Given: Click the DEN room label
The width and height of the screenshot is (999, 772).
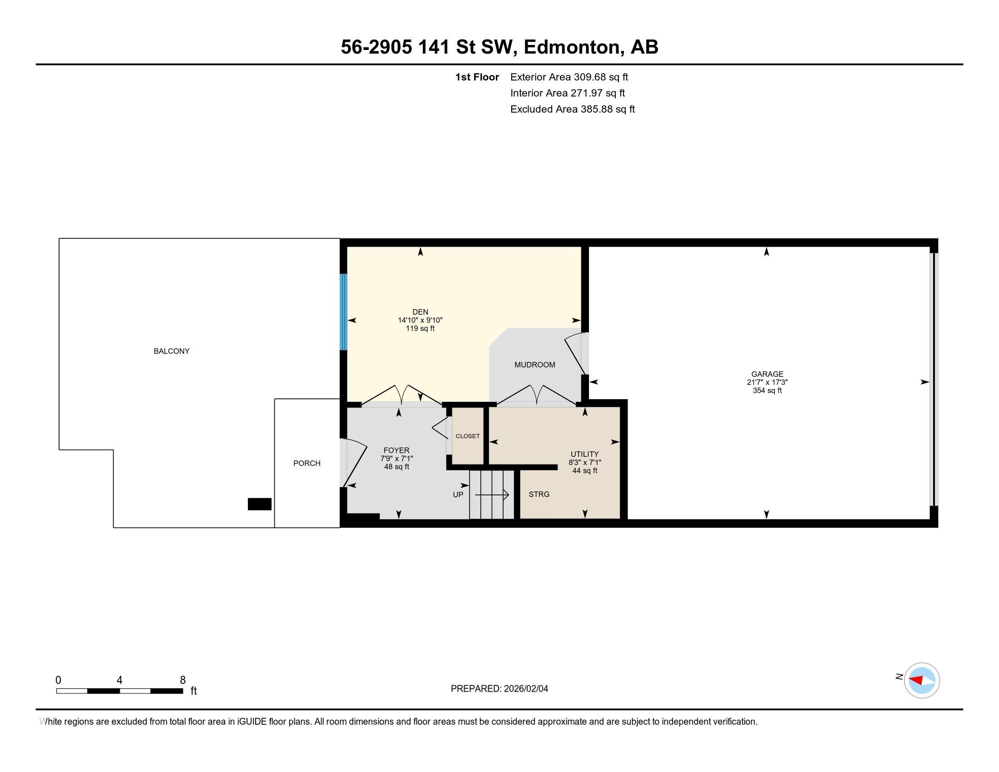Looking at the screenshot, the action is (420, 312).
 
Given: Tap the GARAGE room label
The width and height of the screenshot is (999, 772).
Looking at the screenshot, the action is (767, 374).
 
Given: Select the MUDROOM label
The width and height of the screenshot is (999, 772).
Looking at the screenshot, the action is (535, 365).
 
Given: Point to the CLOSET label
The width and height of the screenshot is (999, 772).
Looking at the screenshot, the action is (467, 436).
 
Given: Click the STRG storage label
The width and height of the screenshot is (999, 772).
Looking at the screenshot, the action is (539, 494).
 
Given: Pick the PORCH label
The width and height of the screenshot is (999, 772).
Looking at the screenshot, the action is (307, 463).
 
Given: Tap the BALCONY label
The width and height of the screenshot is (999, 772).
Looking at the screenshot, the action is (172, 351).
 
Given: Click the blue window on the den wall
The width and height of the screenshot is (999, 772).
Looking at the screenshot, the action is (343, 312).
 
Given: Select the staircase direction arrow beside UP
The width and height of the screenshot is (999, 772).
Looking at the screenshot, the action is (492, 495).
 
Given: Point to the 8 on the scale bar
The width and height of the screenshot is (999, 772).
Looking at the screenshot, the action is (183, 680).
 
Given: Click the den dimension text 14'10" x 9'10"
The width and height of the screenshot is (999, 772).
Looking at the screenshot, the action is (420, 320).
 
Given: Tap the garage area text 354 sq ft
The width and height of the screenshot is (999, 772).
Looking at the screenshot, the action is (767, 390).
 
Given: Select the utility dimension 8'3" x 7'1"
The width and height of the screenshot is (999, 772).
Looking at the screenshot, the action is (584, 462).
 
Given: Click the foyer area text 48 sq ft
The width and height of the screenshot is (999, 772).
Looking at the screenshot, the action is (396, 466).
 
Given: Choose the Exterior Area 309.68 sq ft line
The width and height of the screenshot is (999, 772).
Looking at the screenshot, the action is (569, 77).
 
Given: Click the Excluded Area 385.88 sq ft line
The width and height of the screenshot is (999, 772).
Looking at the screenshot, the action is (572, 109).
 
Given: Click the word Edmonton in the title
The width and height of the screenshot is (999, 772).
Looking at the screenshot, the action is (574, 47).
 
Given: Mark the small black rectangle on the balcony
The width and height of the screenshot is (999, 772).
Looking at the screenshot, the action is (259, 504).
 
